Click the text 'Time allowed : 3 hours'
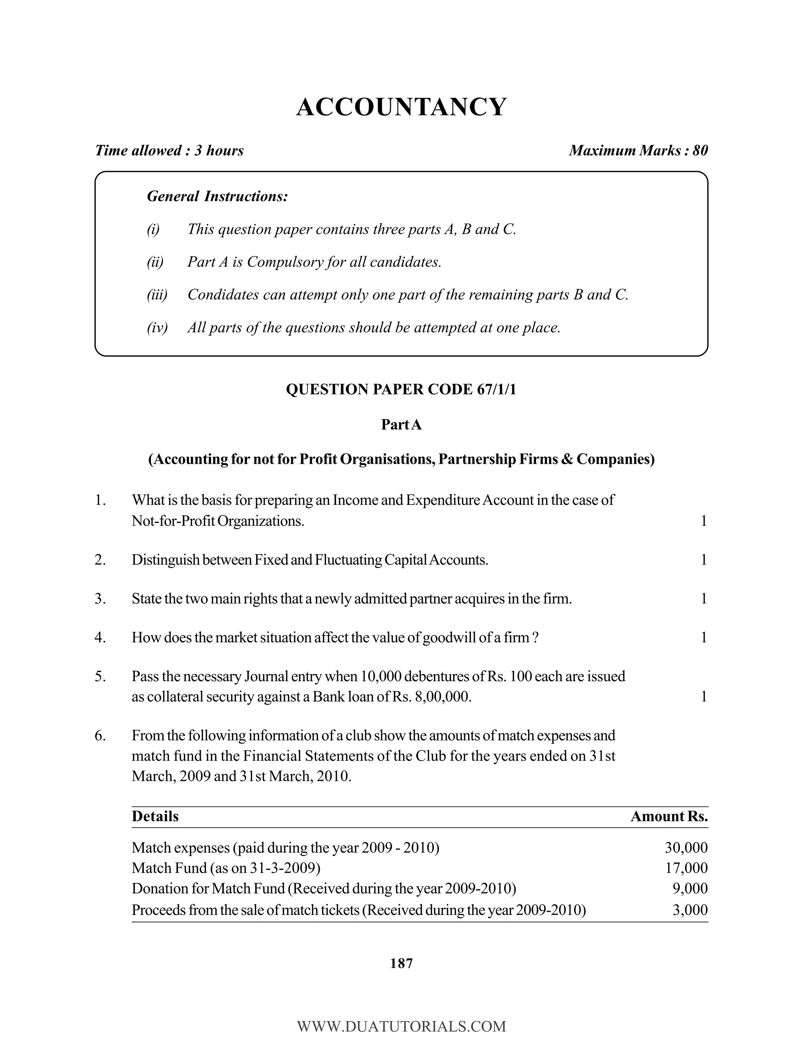[x=169, y=151]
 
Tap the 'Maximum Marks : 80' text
[x=638, y=151]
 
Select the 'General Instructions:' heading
[x=217, y=196]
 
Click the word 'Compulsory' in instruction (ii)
[x=283, y=262]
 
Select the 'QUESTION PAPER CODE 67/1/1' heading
[x=401, y=389]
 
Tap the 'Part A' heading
[x=401, y=425]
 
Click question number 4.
[x=100, y=637]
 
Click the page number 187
[x=401, y=964]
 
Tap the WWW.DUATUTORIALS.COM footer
[x=401, y=1026]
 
